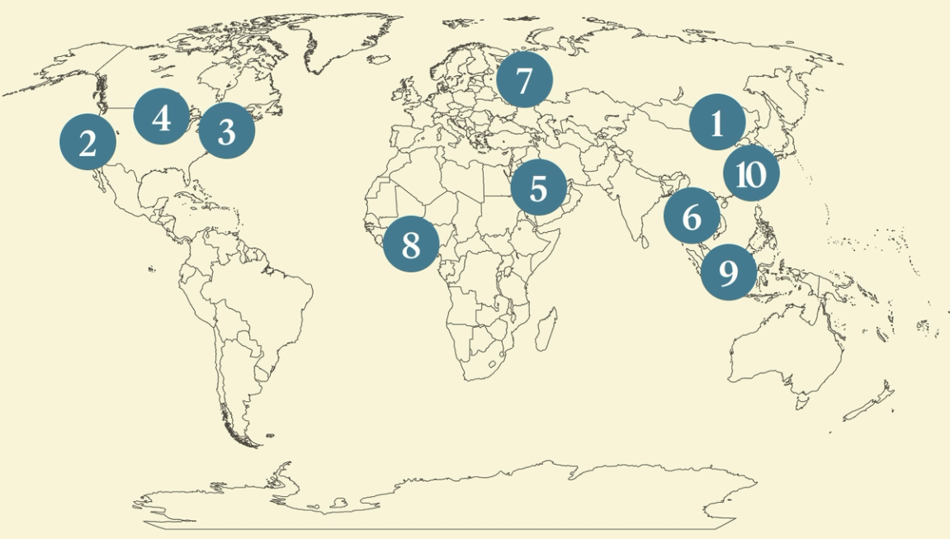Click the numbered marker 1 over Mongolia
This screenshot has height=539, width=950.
(x=717, y=123)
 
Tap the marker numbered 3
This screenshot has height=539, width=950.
(x=226, y=131)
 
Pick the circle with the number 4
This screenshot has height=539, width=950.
(x=162, y=116)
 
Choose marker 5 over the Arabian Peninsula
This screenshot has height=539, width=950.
(x=538, y=187)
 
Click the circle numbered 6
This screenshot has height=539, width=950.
(x=692, y=216)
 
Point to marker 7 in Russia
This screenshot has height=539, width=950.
(x=524, y=81)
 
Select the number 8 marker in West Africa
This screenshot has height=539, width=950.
(x=411, y=243)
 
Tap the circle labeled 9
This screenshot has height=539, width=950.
(x=728, y=272)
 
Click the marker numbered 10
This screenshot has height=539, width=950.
(x=751, y=174)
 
